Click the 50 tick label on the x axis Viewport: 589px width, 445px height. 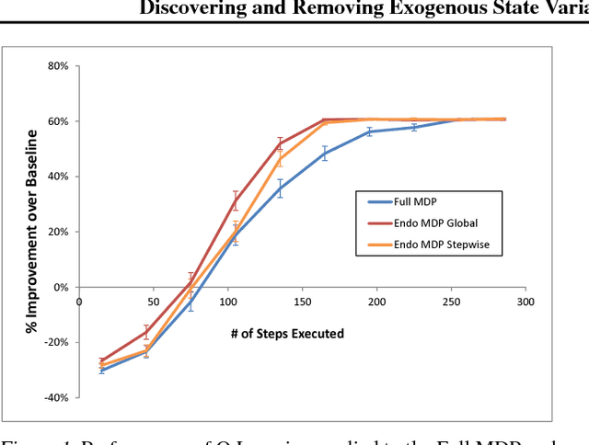[153, 302]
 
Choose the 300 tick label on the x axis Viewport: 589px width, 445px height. [525, 302]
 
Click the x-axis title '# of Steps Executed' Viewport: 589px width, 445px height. [287, 334]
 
